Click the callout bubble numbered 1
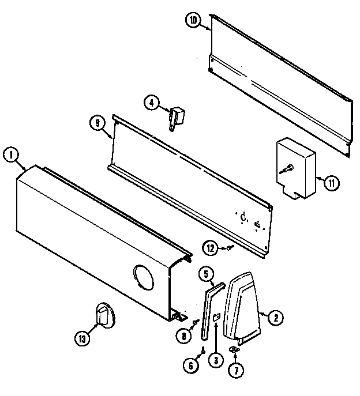click(x=10, y=154)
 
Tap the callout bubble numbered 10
click(x=193, y=21)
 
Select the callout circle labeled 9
click(x=97, y=122)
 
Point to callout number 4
click(x=151, y=103)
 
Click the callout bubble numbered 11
click(x=331, y=184)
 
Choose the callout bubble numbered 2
click(x=275, y=316)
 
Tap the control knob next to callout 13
click(x=104, y=316)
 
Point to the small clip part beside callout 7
click(x=234, y=349)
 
